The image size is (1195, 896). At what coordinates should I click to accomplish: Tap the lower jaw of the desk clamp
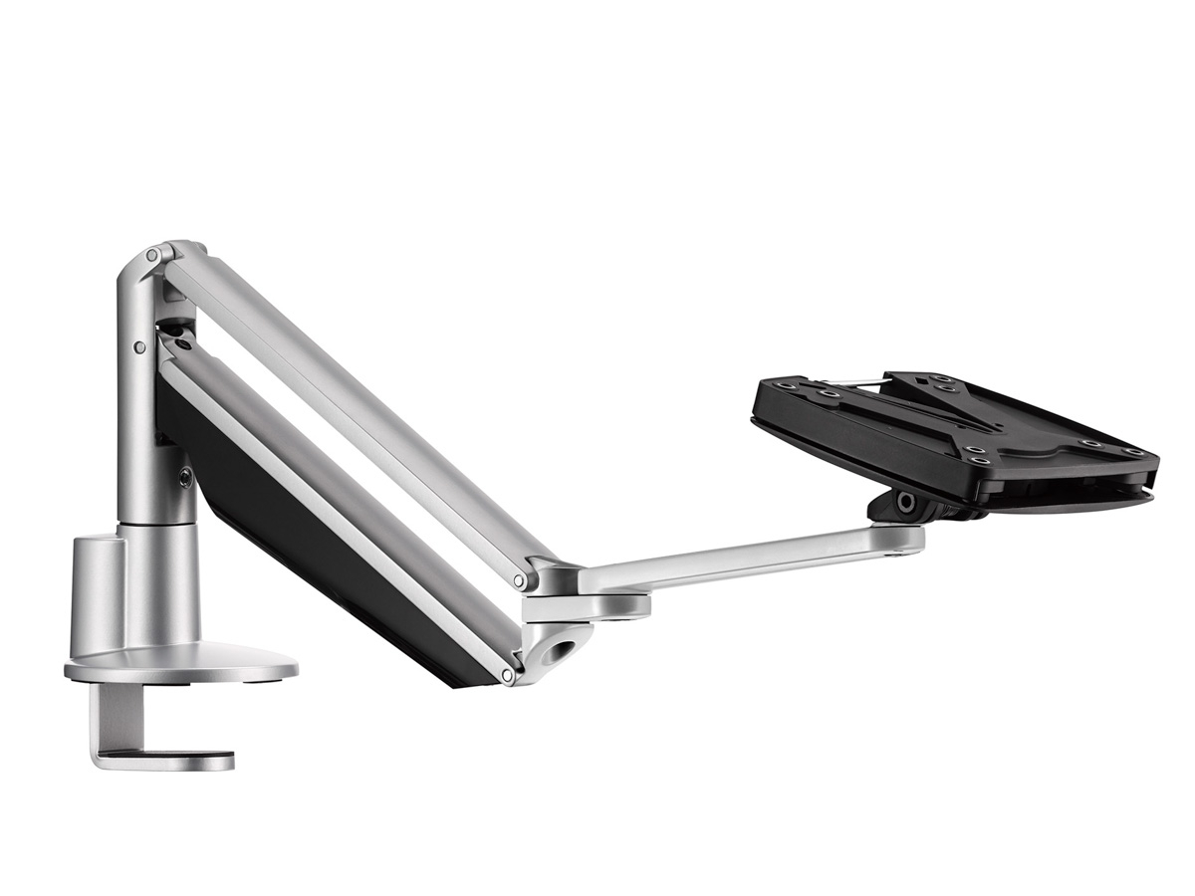pos(164,761)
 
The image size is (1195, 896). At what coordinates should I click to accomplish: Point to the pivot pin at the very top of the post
pos(151,256)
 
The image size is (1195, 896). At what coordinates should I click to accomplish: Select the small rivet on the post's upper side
pos(139,347)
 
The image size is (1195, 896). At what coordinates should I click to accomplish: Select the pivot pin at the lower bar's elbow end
pos(507,676)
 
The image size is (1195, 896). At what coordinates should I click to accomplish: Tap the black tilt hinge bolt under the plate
pos(905,503)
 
